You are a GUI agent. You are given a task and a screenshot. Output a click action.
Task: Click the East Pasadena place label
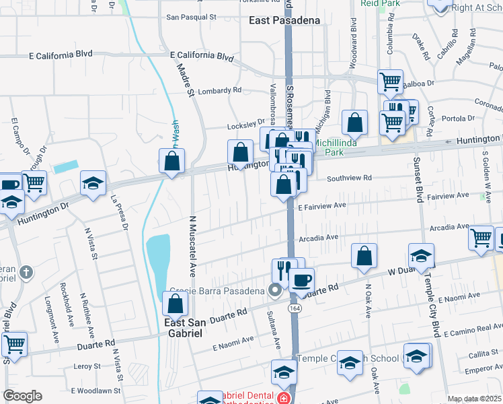click(x=284, y=20)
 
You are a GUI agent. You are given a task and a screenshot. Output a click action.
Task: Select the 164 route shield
click(x=295, y=308)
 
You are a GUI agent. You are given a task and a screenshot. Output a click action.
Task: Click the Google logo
click(x=22, y=396)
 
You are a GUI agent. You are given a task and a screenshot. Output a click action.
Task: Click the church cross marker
click(x=26, y=273)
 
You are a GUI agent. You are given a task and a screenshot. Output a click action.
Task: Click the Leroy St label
click(x=87, y=366)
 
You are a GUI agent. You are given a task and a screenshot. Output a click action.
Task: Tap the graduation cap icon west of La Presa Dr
click(x=93, y=183)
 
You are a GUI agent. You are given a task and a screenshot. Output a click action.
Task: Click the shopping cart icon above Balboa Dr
click(x=391, y=82)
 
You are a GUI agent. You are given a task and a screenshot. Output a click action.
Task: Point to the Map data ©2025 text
click(x=474, y=399)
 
